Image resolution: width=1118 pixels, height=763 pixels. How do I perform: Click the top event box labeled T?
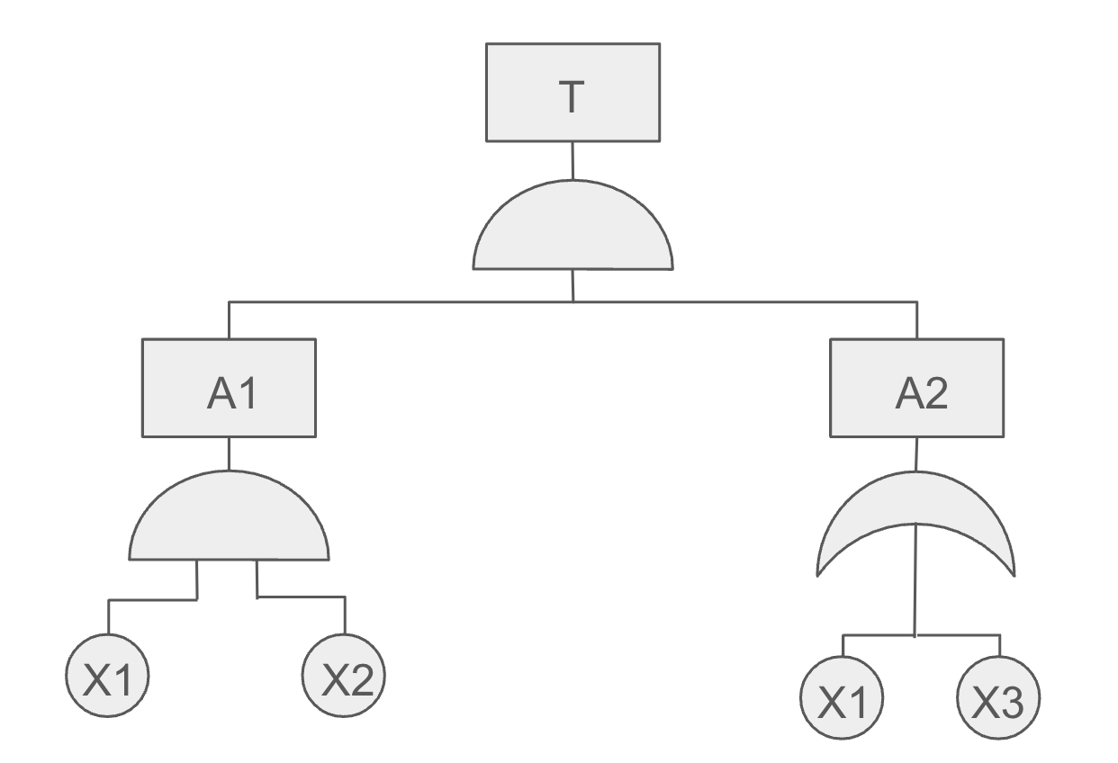tap(573, 93)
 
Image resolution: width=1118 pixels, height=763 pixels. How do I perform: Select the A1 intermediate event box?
tap(229, 388)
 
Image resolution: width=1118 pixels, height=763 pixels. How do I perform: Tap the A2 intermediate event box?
tap(917, 388)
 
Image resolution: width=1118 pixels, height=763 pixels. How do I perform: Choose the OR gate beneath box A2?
tap(915, 499)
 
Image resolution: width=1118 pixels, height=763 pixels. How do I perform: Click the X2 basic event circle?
tap(344, 676)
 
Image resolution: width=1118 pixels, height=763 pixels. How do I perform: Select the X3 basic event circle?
tap(998, 697)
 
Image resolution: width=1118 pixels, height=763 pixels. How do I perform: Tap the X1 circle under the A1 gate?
tap(107, 676)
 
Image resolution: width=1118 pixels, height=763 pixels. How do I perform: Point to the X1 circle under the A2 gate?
tap(842, 697)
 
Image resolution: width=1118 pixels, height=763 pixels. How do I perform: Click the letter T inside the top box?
tap(572, 97)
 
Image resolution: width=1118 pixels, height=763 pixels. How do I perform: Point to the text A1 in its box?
tap(232, 393)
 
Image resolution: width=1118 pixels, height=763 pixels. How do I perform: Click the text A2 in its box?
tap(922, 393)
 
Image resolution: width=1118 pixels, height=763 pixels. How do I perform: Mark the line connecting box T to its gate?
tap(573, 161)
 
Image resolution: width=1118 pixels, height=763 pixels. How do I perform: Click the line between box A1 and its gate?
tap(229, 453)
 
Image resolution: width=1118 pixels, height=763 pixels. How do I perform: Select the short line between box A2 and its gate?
tap(916, 454)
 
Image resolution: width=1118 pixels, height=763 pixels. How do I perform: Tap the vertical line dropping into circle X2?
tap(345, 615)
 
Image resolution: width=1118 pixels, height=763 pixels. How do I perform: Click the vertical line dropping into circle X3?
tap(1000, 646)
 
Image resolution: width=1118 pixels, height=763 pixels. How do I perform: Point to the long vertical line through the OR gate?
tap(915, 579)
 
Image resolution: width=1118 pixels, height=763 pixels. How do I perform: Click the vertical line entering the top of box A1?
tap(229, 320)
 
